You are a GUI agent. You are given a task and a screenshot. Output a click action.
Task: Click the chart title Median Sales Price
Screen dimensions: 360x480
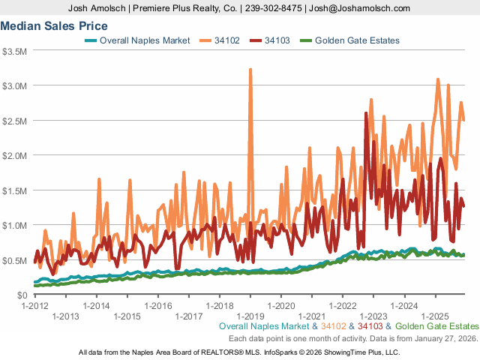click(54, 25)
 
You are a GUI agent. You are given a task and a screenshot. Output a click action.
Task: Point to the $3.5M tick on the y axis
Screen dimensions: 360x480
click(15, 51)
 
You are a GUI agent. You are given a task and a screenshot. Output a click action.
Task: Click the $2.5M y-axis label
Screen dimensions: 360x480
click(15, 121)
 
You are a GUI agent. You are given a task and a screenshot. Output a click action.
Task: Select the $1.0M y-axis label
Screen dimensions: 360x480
click(15, 225)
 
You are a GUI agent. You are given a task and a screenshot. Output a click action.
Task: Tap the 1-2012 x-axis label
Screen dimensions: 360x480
click(34, 306)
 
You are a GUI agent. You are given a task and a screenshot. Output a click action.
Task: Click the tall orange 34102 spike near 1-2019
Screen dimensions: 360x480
click(250, 71)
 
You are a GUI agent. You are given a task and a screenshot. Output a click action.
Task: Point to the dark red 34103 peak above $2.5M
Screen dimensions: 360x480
click(365, 115)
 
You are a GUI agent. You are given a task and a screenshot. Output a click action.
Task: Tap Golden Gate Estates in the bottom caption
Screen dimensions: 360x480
click(436, 327)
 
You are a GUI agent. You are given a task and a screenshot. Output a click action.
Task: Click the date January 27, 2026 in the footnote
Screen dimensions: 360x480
click(440, 338)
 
